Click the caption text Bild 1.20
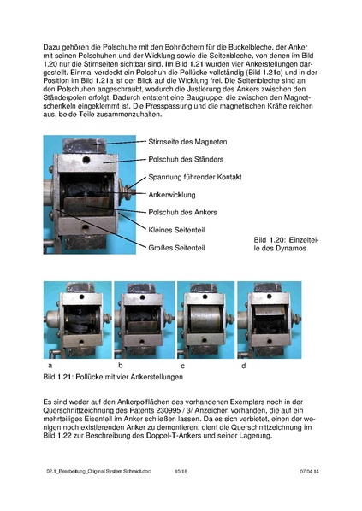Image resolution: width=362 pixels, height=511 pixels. (274, 242)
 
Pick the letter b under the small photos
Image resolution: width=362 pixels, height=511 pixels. (120, 364)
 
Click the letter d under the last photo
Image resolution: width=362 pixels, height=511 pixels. (243, 364)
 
